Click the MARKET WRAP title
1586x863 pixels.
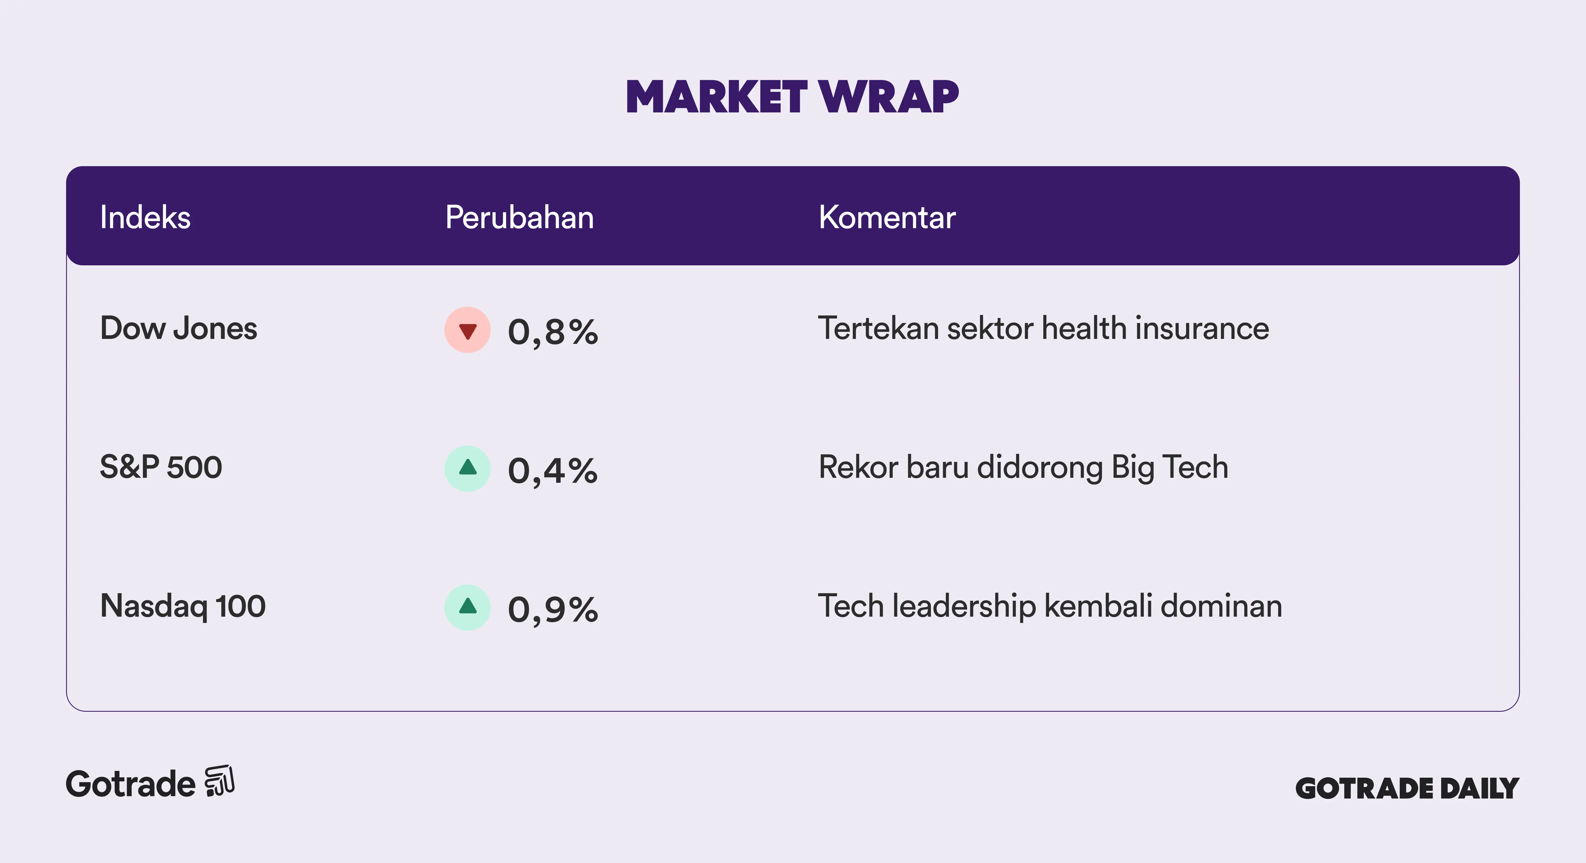[x=792, y=97]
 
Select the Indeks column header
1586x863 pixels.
[x=145, y=217]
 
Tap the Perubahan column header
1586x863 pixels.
[x=520, y=217]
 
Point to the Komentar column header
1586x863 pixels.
[x=887, y=217]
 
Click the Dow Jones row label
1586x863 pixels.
[x=178, y=328]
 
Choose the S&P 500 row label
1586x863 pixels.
[x=161, y=467]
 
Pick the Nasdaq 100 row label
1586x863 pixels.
[x=183, y=606]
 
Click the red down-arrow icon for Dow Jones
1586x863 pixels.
[x=468, y=330]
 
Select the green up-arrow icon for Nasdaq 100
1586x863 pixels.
[x=468, y=607]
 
